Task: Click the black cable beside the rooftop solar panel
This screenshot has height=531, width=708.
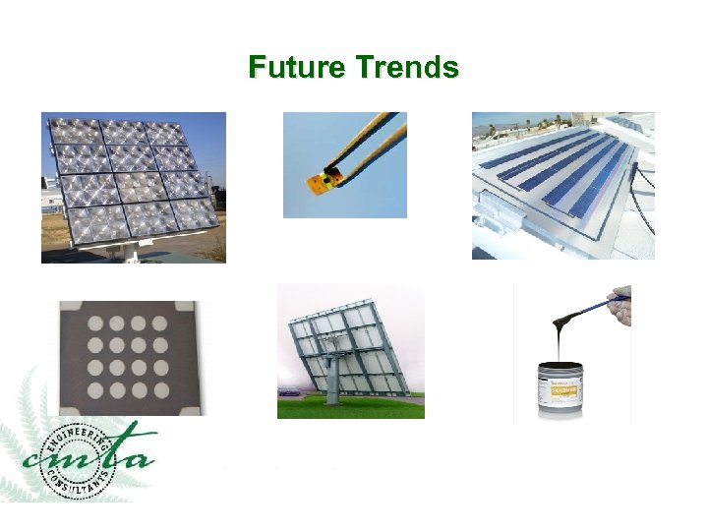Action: (x=643, y=182)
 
